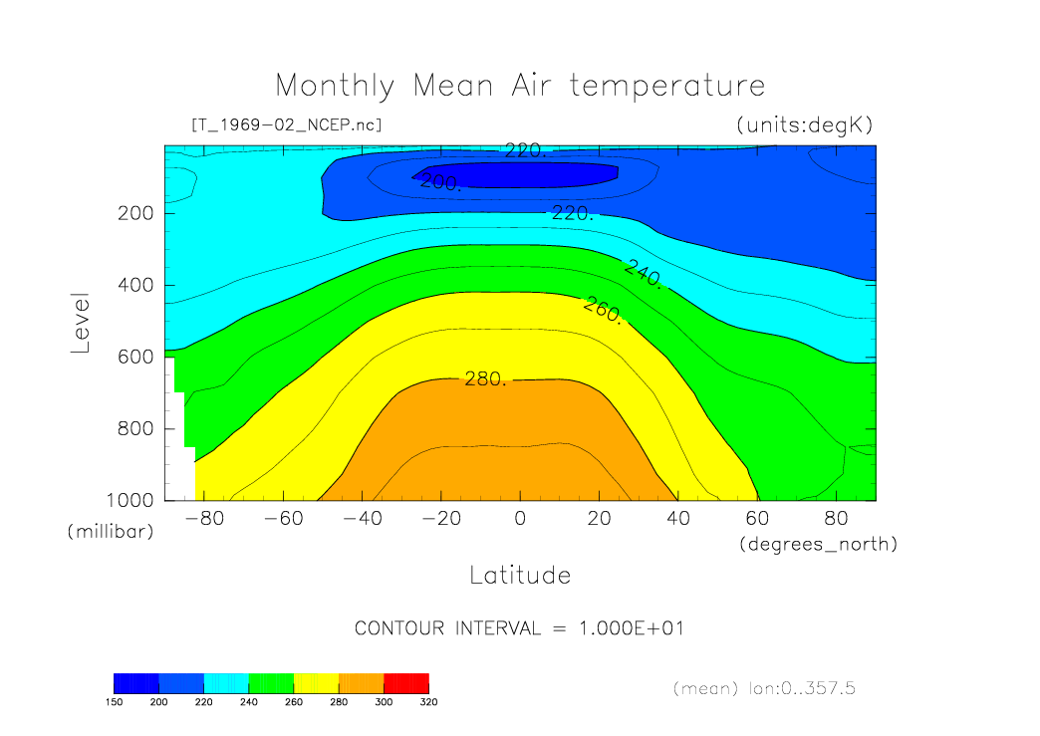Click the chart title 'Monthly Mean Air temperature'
click(520, 86)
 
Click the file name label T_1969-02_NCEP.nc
click(286, 125)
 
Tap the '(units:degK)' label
click(804, 125)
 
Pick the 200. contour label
click(439, 181)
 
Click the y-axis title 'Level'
click(81, 323)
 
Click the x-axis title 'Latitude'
click(520, 575)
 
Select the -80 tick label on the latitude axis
click(197, 519)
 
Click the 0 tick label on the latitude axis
click(519, 519)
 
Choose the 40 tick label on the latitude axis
click(677, 519)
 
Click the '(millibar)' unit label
click(111, 532)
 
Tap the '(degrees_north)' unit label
click(818, 544)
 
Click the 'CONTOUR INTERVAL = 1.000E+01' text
click(519, 628)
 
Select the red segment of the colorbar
click(406, 682)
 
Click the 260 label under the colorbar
click(294, 701)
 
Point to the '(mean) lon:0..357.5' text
click(763, 687)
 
